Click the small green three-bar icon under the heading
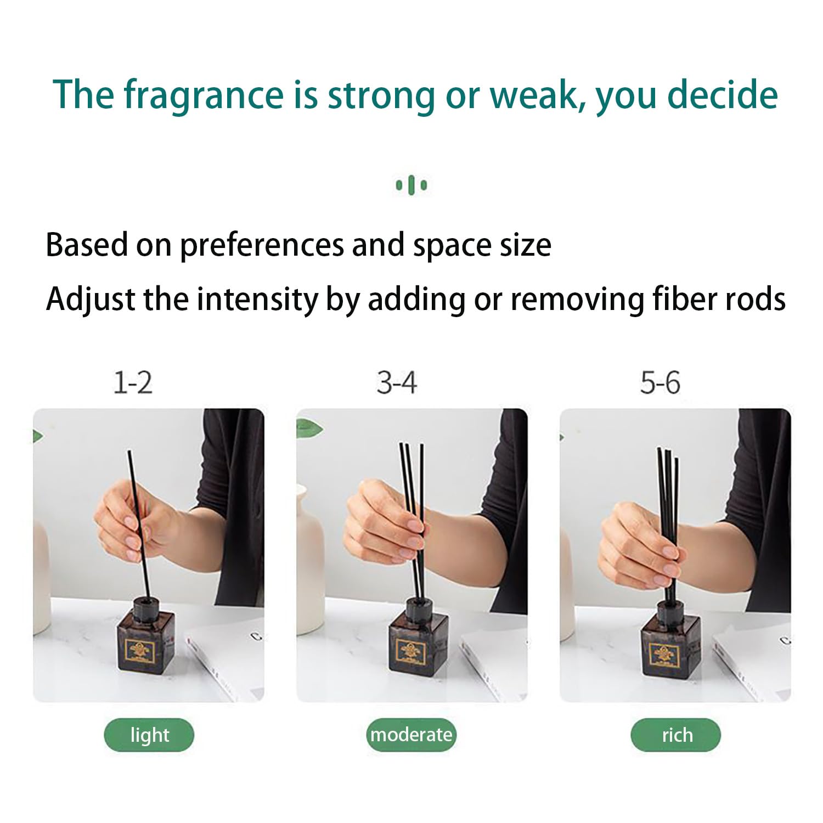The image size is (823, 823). point(411,185)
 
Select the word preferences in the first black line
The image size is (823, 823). point(263,246)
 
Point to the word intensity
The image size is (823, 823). point(257,300)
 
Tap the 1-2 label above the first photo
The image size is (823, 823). point(132,382)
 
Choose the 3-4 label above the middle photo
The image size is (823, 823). point(396,382)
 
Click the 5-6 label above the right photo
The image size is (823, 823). point(660,382)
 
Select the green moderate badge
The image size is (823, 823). point(411,735)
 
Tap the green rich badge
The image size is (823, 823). point(676,735)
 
